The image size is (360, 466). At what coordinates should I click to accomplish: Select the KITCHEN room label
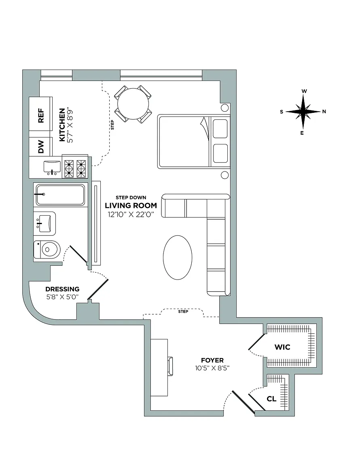pyautogui.click(x=62, y=125)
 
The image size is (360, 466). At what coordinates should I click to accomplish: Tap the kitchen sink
pyautogui.click(x=52, y=166)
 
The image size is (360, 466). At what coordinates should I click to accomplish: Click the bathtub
pyautogui.click(x=60, y=195)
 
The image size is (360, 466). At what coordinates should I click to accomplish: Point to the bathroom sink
pyautogui.click(x=45, y=222)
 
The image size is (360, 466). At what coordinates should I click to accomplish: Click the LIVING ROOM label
pyautogui.click(x=131, y=205)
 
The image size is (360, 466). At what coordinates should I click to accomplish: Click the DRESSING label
pyautogui.click(x=62, y=289)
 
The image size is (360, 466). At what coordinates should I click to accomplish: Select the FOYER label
pyautogui.click(x=212, y=360)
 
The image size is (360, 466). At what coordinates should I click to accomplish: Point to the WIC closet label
pyautogui.click(x=282, y=347)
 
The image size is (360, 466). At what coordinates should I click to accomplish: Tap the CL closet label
pyautogui.click(x=271, y=399)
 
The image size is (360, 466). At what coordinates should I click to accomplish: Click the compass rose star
pyautogui.click(x=303, y=112)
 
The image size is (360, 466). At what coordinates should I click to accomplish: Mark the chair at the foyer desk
pyautogui.click(x=170, y=366)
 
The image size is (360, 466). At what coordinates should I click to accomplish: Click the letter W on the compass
pyautogui.click(x=303, y=91)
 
